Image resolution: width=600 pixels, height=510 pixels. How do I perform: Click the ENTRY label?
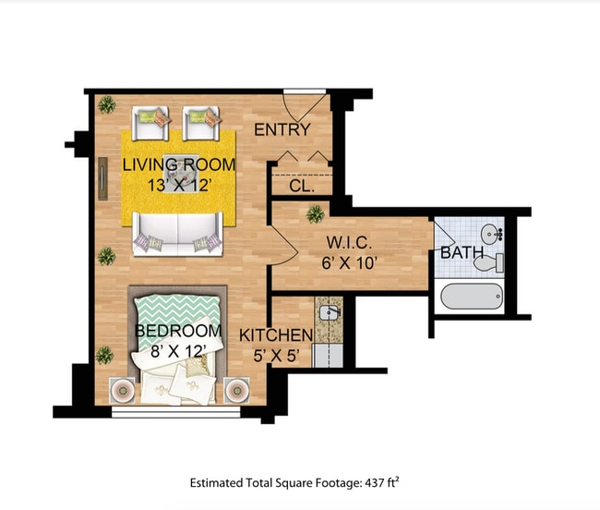coord(282,129)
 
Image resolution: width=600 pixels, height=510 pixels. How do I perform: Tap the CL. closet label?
coord(302,185)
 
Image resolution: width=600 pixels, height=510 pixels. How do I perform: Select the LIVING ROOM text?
coord(179,164)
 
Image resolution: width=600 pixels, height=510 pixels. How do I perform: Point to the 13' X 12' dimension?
coord(179,184)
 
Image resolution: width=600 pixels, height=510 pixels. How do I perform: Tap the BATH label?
coord(462,252)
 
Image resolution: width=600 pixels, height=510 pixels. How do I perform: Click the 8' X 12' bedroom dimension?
coord(178,350)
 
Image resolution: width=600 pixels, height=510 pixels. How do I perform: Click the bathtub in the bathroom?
coord(472,297)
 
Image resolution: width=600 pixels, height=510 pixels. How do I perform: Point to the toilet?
coord(486,263)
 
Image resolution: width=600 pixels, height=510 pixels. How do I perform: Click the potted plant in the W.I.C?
coord(316,214)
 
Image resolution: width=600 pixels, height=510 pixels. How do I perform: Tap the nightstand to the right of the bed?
coord(237,389)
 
